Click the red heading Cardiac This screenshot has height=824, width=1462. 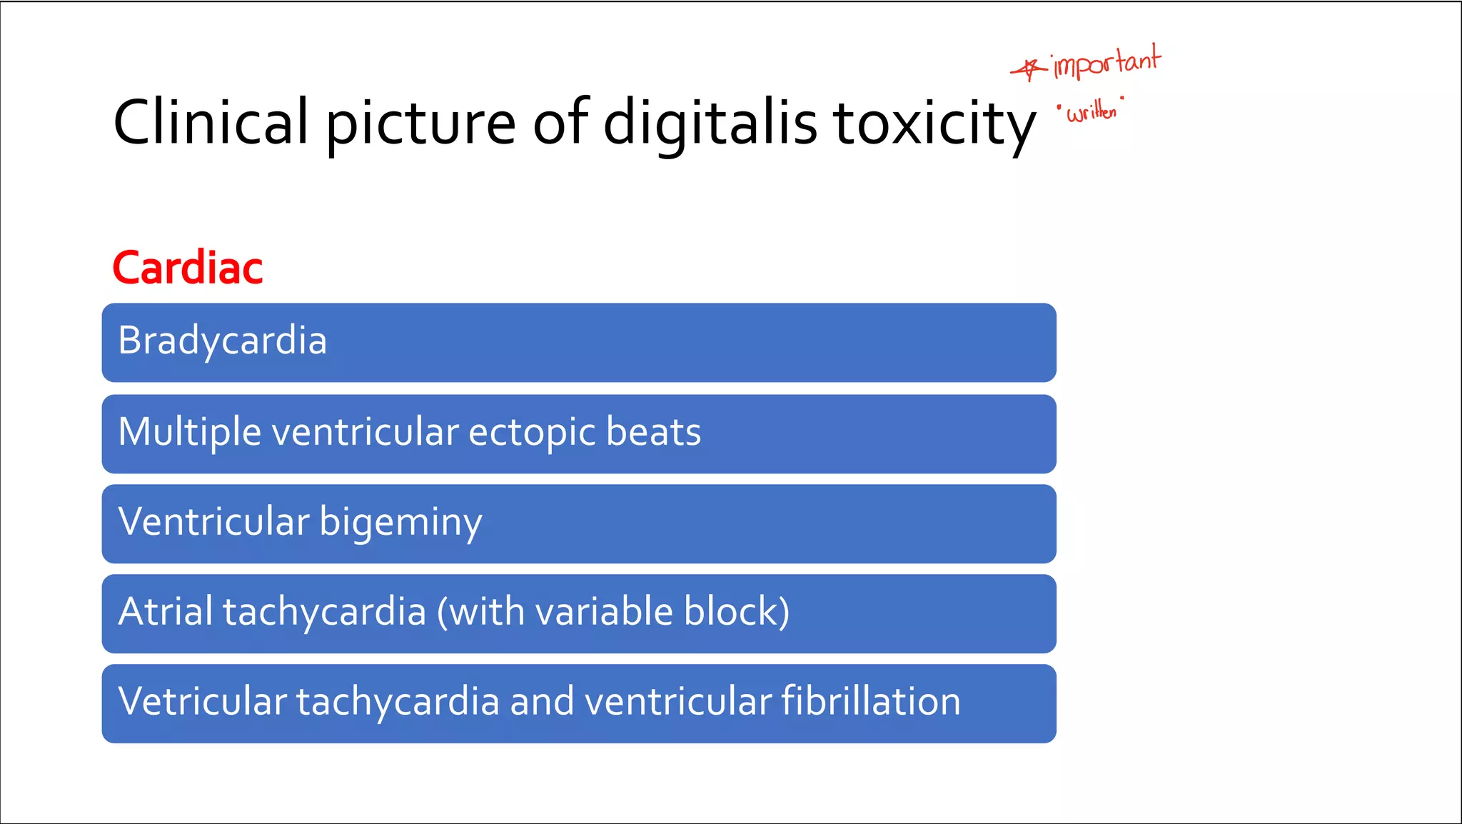point(188,268)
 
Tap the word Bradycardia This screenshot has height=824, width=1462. point(222,341)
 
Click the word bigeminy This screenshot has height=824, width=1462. point(400,523)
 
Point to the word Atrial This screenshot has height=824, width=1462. point(166,612)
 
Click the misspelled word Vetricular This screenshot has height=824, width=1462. point(202,701)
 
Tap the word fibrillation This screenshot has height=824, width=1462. point(870,701)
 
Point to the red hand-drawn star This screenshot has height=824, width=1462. point(1028,69)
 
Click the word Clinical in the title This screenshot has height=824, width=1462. point(211,122)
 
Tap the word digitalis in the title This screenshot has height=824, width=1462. point(710,122)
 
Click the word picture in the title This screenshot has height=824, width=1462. point(420,122)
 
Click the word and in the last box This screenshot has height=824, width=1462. point(542,701)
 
